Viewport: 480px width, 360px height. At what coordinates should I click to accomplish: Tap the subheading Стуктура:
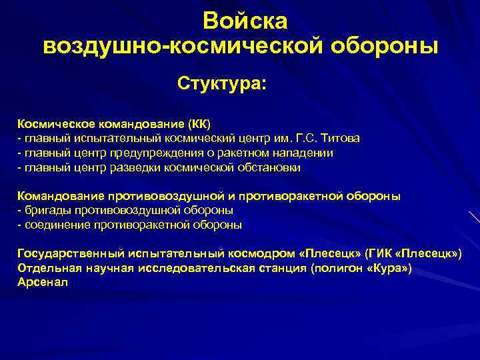coord(221,85)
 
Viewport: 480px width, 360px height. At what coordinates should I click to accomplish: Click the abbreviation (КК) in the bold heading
coord(197,124)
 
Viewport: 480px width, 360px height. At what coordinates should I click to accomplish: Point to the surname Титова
coord(341,138)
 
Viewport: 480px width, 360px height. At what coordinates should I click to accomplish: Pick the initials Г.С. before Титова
coord(305,138)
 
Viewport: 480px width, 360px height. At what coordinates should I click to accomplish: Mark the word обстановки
coord(269,167)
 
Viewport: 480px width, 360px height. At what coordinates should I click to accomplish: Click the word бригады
coord(44,211)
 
